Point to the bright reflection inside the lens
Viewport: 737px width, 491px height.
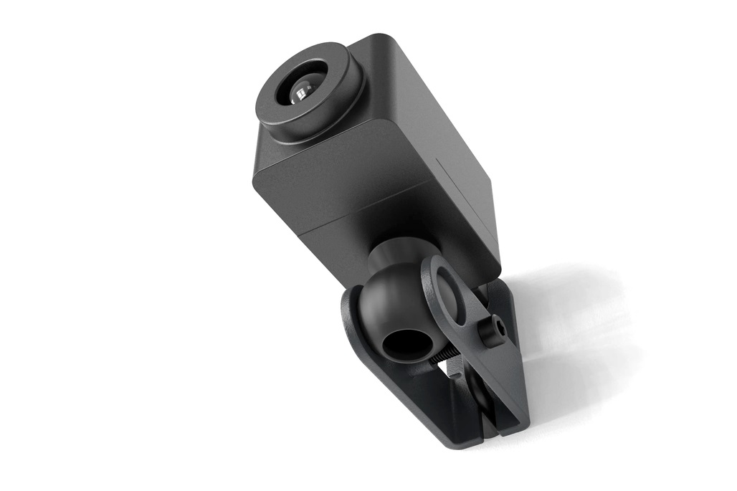tap(302, 92)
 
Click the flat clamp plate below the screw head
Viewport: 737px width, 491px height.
tap(495, 380)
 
